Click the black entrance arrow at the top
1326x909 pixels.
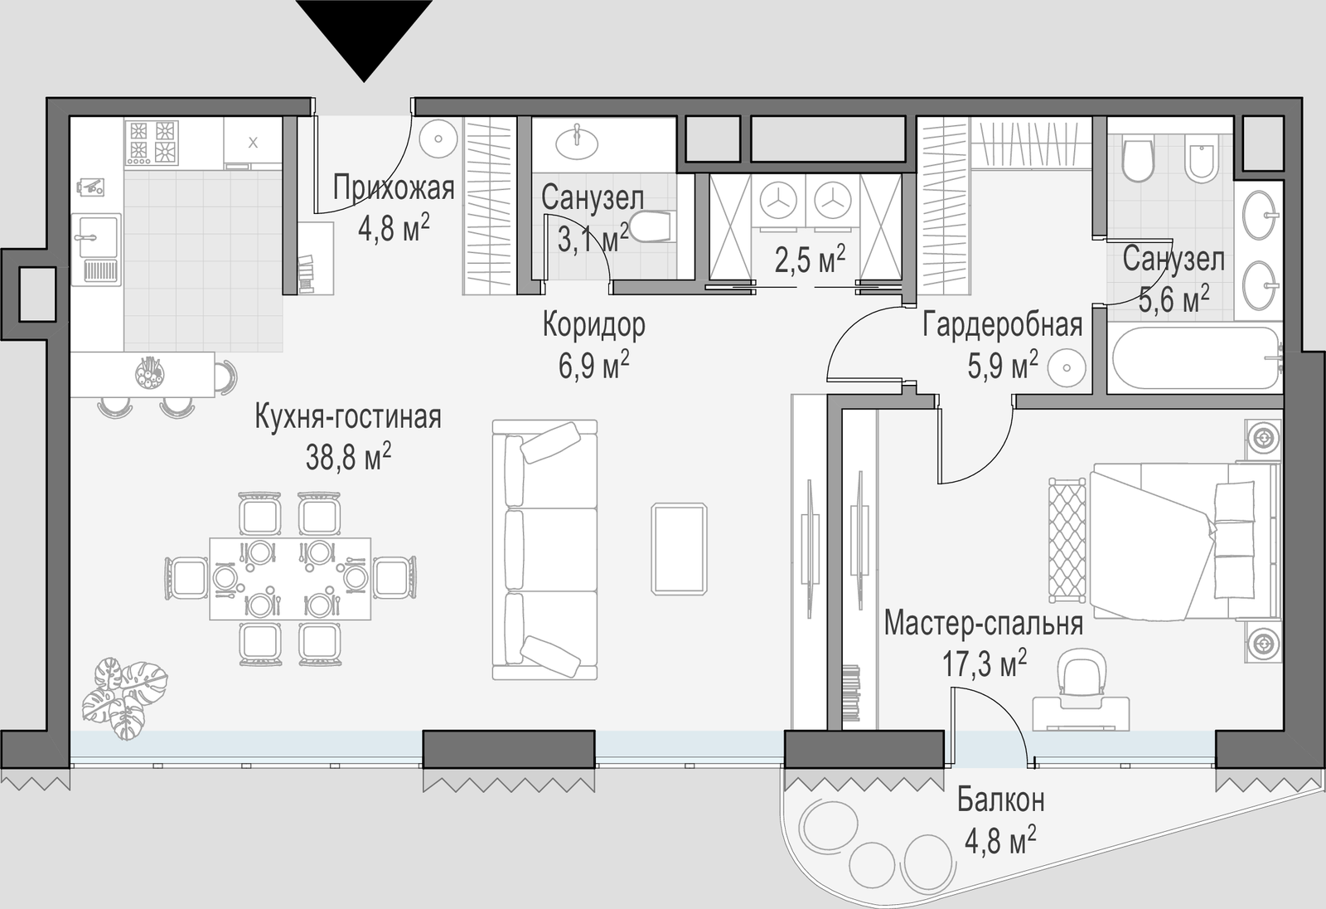364,36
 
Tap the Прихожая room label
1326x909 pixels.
394,188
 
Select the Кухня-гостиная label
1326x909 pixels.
348,417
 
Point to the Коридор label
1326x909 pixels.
593,326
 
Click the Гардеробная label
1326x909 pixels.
1002,326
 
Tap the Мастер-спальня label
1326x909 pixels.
984,624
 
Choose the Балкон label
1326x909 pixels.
1001,800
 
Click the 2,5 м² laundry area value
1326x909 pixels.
810,260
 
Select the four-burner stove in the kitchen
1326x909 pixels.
152,142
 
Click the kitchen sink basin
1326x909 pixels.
96,236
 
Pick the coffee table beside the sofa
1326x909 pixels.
679,549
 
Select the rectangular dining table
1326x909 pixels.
290,579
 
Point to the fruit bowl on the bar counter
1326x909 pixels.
150,372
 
